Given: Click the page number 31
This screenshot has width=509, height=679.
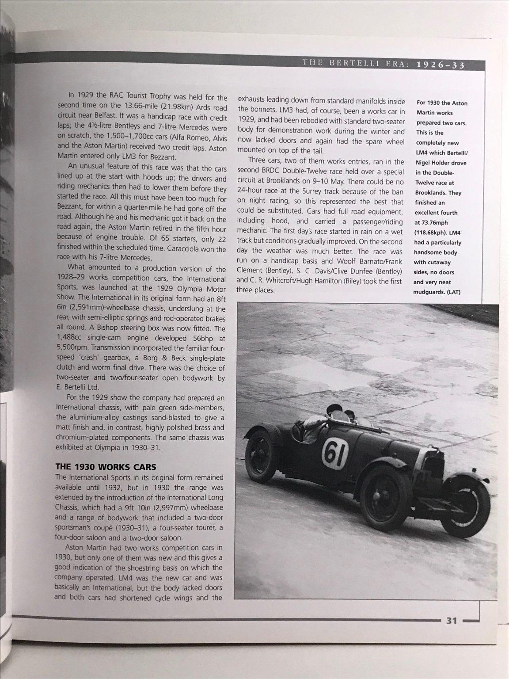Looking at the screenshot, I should (x=451, y=621).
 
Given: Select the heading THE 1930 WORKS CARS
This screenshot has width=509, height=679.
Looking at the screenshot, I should (x=106, y=467).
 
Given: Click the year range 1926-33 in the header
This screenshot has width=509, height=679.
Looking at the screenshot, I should (x=439, y=64).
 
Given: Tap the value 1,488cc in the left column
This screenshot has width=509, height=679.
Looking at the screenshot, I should (x=71, y=339).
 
